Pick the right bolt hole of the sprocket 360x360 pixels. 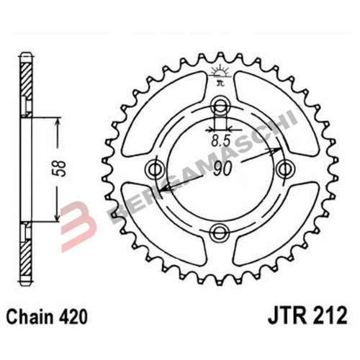click(x=285, y=168)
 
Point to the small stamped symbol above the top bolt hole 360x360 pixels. click(x=220, y=74)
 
